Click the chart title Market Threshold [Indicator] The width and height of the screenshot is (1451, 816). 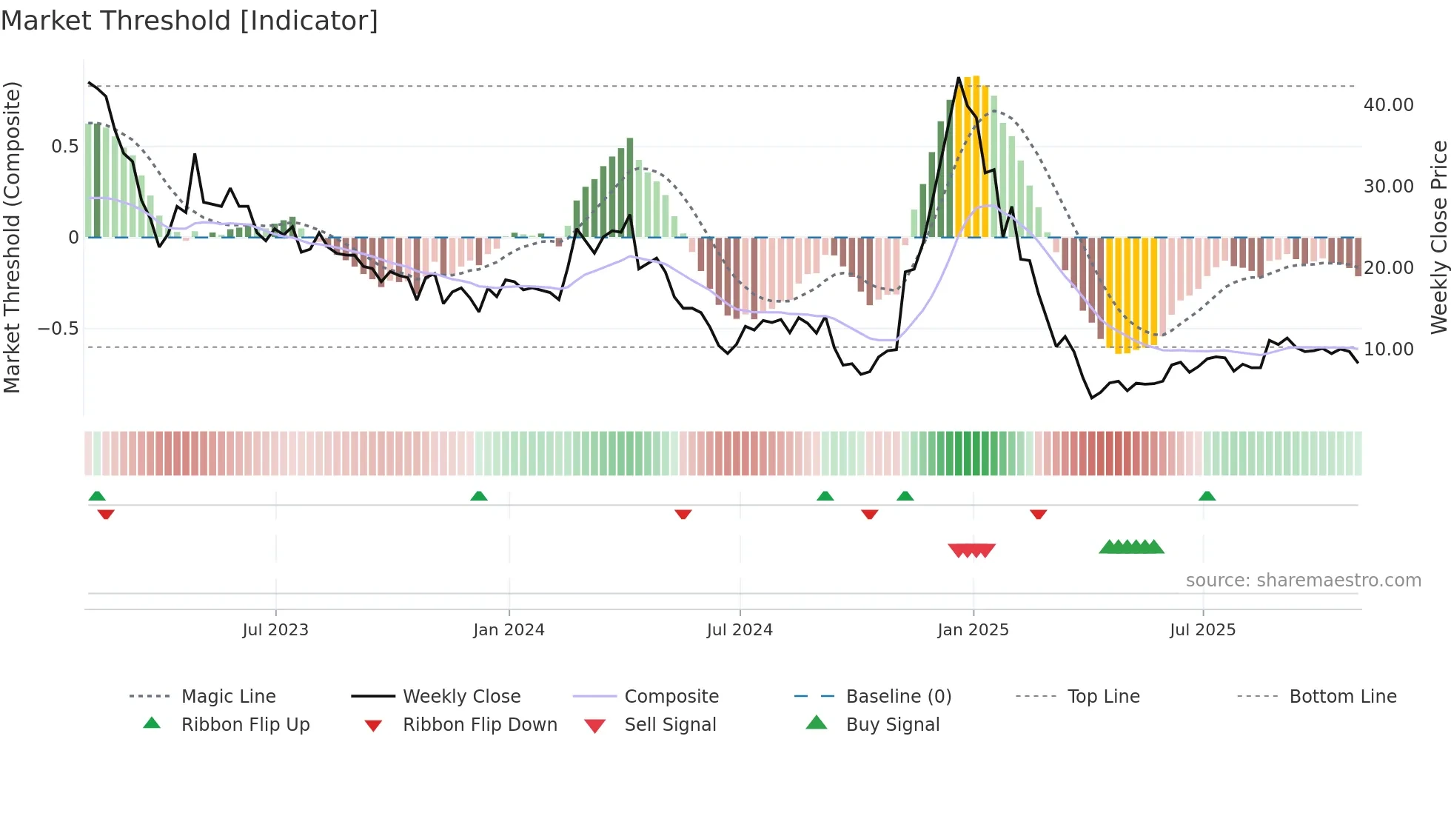coord(190,21)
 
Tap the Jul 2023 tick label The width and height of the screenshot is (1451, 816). coord(275,630)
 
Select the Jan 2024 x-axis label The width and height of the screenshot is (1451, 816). coord(509,630)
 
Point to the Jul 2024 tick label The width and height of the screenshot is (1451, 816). coord(740,630)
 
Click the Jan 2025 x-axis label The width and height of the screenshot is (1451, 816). coord(973,630)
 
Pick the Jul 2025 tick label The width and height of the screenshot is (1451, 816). coord(1203,630)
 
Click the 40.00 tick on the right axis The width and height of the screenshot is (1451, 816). coord(1388,105)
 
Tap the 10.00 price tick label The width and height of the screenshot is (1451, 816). coord(1388,349)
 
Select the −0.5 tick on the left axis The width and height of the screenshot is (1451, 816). coord(58,328)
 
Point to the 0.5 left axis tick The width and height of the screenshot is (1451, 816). coord(64,147)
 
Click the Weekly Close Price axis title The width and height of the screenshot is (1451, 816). coord(1438,237)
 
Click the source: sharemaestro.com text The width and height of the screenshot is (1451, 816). coord(1303,581)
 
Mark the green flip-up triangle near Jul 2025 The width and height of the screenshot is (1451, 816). coord(1207,496)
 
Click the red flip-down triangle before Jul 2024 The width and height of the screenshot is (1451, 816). coord(683,514)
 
